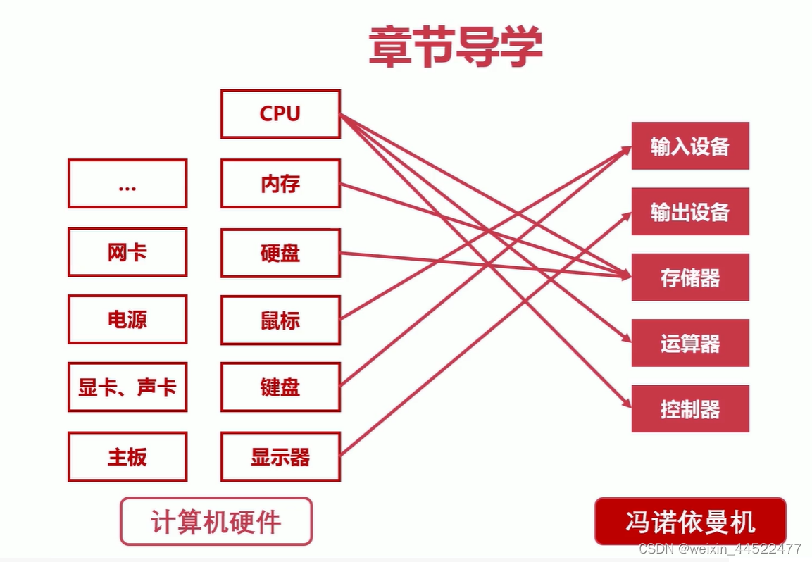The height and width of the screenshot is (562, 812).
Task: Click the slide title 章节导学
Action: [456, 48]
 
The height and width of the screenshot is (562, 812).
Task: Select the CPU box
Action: [280, 114]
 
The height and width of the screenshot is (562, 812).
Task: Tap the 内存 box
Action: [280, 184]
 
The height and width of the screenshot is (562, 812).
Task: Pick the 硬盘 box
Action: [280, 253]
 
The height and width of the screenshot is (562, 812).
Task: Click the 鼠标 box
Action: [280, 320]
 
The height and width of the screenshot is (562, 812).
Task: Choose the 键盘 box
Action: [280, 387]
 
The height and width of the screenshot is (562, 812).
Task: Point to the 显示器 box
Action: [280, 457]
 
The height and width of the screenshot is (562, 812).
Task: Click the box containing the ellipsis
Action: [127, 184]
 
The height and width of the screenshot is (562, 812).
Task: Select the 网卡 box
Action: [127, 252]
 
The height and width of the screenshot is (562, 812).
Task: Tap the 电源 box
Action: [127, 320]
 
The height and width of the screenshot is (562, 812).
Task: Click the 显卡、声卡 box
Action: [127, 387]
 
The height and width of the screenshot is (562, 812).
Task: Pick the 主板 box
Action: [127, 457]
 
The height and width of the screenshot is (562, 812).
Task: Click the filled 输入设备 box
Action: [689, 146]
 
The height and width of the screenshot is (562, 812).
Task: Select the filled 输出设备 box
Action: [689, 211]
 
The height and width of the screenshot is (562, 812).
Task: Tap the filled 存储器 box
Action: [689, 277]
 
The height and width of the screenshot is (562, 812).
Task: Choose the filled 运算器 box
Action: [689, 343]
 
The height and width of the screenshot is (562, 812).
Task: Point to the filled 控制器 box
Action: [689, 408]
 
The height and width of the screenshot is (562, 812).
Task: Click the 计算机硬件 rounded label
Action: [216, 522]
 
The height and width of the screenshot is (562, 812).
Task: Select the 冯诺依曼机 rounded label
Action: [689, 522]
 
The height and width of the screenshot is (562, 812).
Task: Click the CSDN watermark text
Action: [718, 548]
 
